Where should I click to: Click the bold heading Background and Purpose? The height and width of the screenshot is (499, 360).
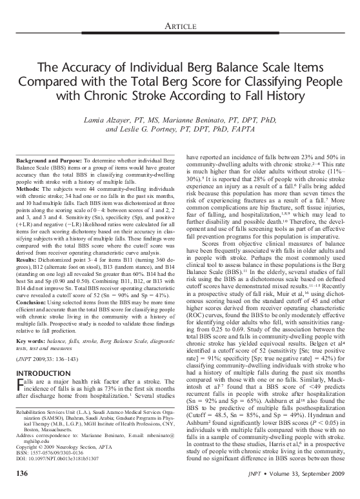click(x=46, y=158)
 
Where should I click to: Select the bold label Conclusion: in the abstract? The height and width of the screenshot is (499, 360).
click(x=30, y=296)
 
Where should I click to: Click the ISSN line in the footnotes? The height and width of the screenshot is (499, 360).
click(x=48, y=455)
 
